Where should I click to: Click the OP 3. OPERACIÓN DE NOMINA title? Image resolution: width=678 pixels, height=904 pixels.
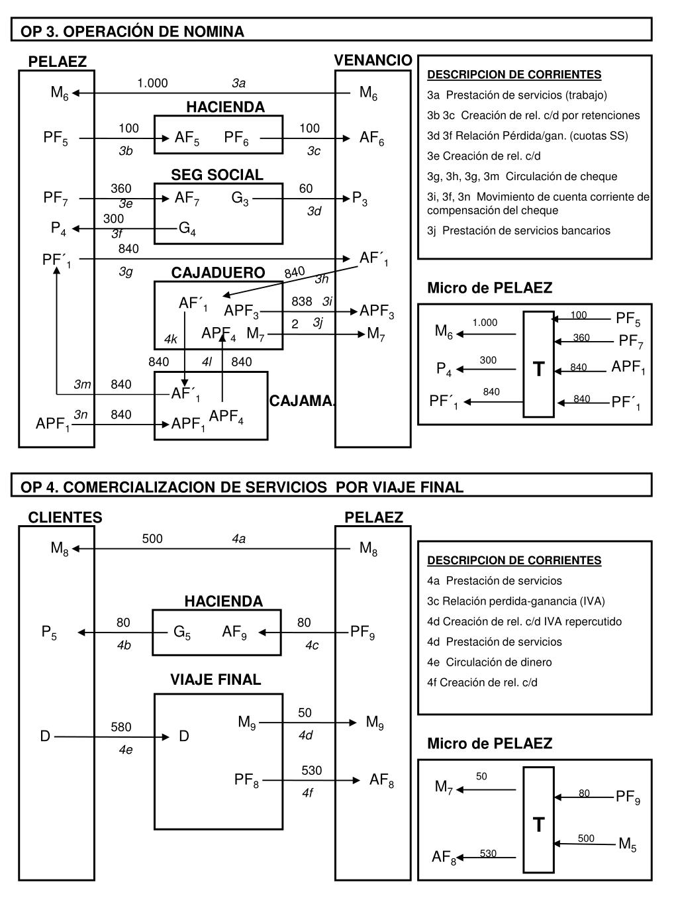coord(132,31)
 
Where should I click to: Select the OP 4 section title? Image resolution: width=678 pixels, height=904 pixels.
coord(242,487)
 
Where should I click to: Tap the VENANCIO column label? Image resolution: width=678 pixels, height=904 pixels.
coord(373,61)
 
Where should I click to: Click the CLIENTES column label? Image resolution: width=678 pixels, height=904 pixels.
coord(65,517)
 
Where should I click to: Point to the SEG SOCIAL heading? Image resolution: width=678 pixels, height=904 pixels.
coord(217,175)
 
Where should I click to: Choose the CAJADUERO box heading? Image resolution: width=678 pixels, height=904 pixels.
coord(218,273)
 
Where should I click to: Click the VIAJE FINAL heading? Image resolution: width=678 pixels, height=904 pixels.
coord(216,679)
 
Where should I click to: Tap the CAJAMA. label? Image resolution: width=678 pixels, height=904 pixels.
coord(302,401)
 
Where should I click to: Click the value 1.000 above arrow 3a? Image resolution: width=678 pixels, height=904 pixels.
coord(152,83)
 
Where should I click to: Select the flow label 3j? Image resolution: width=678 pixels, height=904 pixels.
coord(318,323)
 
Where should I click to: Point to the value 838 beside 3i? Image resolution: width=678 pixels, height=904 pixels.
coord(301,301)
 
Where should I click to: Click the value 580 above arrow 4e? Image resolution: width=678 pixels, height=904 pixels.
coord(121,727)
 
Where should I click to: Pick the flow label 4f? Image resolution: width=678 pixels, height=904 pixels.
coord(307,792)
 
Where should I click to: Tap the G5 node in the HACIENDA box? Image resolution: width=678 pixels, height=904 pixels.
coord(182,632)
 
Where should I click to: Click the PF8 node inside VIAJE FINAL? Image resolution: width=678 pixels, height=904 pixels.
coord(246,780)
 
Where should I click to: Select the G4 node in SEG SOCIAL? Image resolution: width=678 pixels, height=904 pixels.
coord(187,229)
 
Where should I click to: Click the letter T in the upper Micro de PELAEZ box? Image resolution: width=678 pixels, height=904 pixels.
coord(538,369)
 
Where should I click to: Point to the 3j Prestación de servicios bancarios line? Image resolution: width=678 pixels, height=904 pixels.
coord(518,230)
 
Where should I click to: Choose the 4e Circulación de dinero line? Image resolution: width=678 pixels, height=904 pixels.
coord(489,662)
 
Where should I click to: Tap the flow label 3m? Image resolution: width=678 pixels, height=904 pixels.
coord(82,384)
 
